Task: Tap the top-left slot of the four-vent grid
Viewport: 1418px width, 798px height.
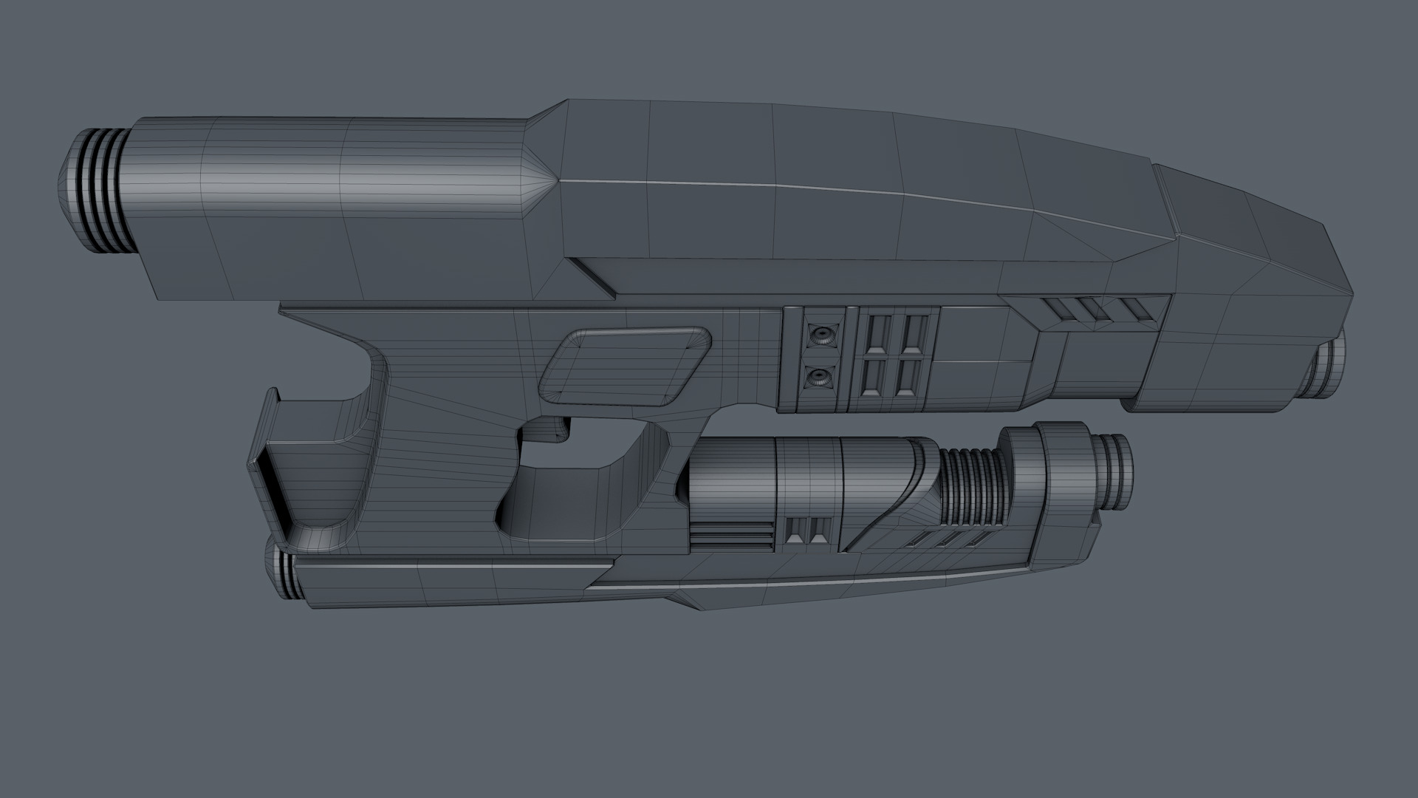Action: point(879,332)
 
